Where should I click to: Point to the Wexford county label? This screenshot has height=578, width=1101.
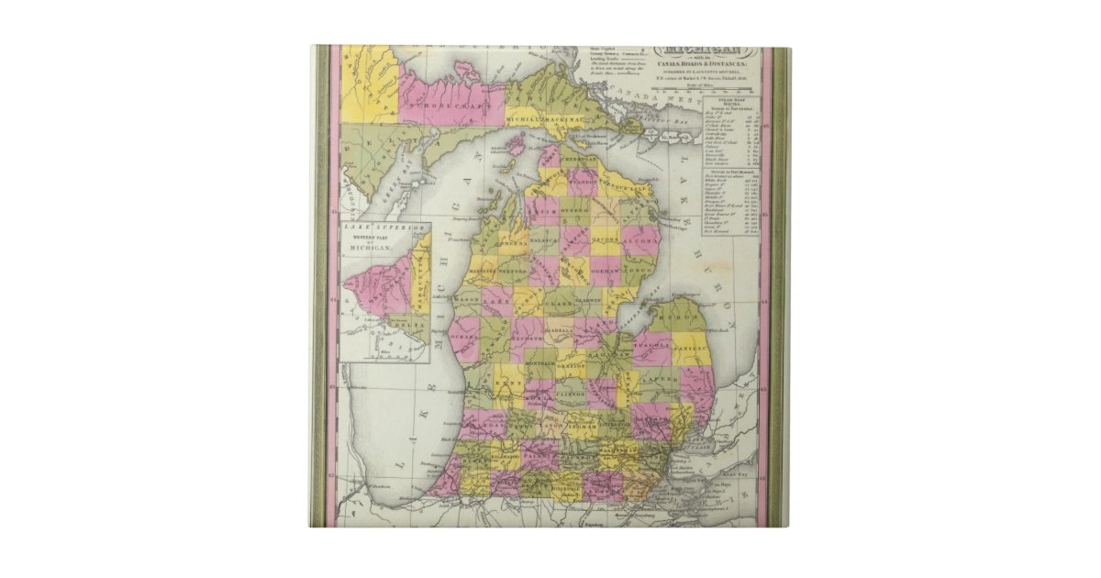pyautogui.click(x=513, y=272)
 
